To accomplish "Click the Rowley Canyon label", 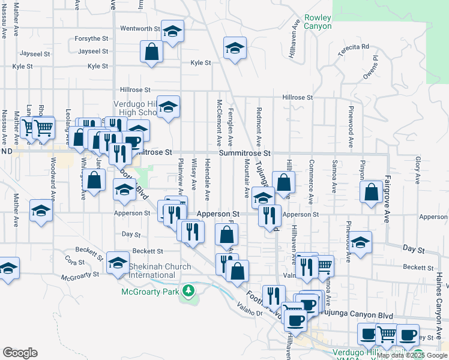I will (317, 22).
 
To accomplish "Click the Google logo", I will (20, 353).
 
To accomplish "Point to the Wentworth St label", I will (140, 28).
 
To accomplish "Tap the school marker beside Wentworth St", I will (173, 32).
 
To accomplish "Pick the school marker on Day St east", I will (360, 243).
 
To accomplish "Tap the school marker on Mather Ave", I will (41, 211).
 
